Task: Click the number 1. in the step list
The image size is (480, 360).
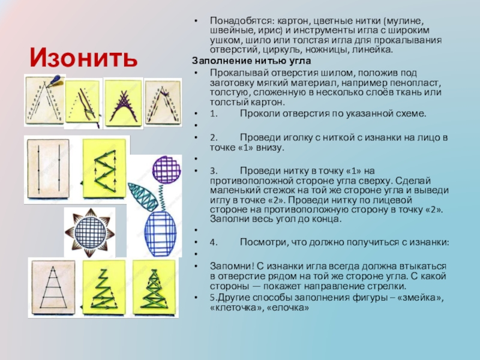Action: pyautogui.click(x=214, y=113)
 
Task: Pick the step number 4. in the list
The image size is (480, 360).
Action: pyautogui.click(x=214, y=242)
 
